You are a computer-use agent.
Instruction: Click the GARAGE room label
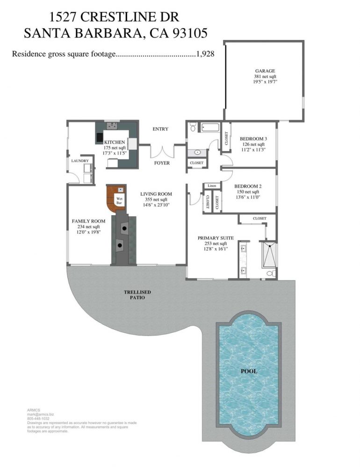click(265, 71)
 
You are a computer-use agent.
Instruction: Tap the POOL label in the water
click(249, 371)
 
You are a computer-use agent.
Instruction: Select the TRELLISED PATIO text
click(137, 294)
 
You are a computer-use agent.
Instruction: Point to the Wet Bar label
click(119, 200)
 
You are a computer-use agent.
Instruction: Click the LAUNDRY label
click(80, 161)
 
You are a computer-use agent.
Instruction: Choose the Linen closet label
click(212, 186)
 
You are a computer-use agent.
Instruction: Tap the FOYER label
click(162, 163)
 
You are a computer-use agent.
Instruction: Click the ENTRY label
click(160, 129)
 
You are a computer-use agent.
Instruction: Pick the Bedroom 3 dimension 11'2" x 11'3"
click(253, 150)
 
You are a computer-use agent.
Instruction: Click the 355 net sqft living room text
click(156, 199)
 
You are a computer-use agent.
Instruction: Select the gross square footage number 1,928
click(205, 54)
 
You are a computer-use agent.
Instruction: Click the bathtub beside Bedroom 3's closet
click(210, 127)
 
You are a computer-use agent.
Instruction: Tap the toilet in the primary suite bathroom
click(271, 273)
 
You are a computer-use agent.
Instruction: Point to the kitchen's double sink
click(113, 126)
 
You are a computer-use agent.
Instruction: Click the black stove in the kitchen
click(99, 137)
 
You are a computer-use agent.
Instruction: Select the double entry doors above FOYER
click(162, 151)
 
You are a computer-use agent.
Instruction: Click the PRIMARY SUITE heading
click(216, 238)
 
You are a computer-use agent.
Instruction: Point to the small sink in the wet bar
click(121, 189)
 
